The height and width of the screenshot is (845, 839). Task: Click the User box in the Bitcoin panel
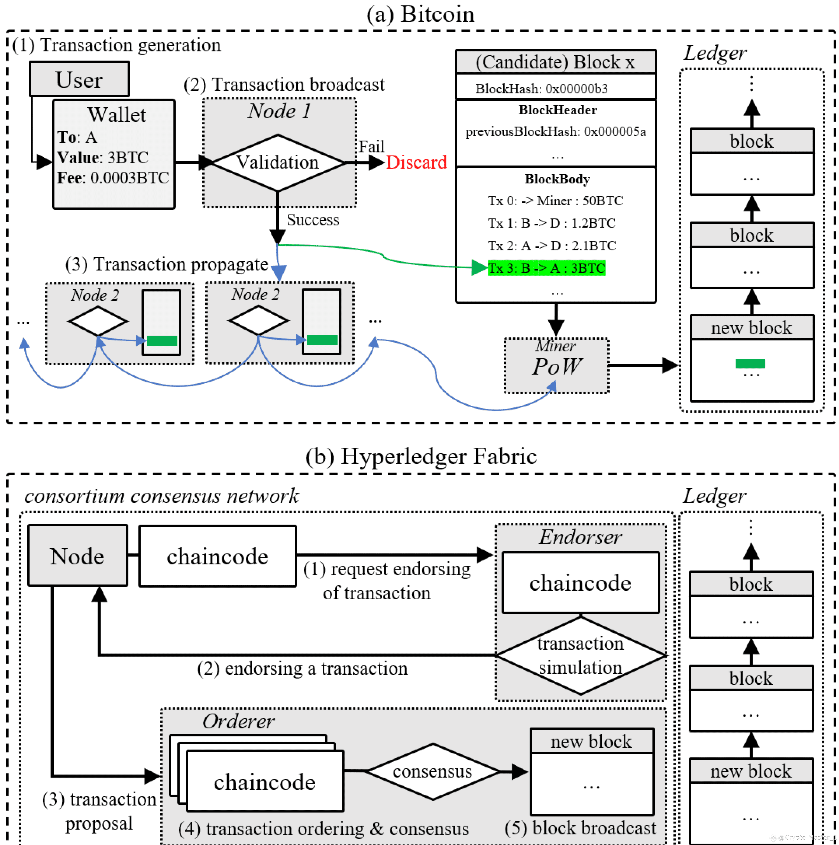coord(79,79)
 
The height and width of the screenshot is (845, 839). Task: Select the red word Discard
coord(416,162)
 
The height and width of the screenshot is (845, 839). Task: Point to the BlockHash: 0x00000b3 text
coord(542,89)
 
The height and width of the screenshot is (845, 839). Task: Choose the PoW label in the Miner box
coord(556,366)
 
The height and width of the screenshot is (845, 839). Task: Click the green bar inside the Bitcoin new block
coord(750,363)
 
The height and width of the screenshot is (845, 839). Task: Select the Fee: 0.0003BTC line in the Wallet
coord(113,178)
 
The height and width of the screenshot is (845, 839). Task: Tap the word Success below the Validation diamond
coord(313,220)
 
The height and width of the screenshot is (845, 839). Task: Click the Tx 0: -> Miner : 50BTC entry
coord(556,200)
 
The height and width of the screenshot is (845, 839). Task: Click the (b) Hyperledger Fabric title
coord(421,456)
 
